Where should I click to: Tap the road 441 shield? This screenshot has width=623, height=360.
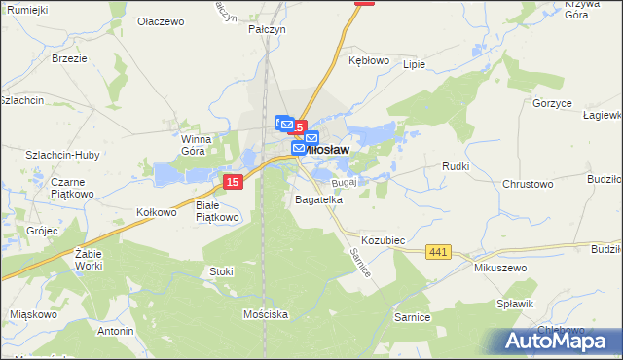click(x=438, y=252)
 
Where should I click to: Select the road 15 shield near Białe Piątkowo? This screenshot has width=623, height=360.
click(x=232, y=182)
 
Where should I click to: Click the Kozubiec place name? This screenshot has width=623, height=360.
click(x=383, y=239)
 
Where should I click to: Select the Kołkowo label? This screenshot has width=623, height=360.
click(x=157, y=212)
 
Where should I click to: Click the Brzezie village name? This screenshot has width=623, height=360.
click(x=69, y=58)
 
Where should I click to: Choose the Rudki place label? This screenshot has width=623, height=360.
click(x=456, y=166)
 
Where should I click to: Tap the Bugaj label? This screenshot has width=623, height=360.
click(x=346, y=182)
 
